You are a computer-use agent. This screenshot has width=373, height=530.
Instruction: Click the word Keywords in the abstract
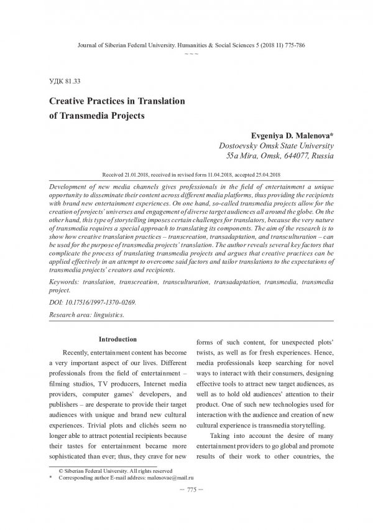pos(66,282)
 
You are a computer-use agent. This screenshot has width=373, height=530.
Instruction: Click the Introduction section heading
pos(118,339)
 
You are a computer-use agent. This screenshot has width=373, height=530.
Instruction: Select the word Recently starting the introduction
pos(78,354)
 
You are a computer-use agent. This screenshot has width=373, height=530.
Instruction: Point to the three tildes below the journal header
pos(186,55)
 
